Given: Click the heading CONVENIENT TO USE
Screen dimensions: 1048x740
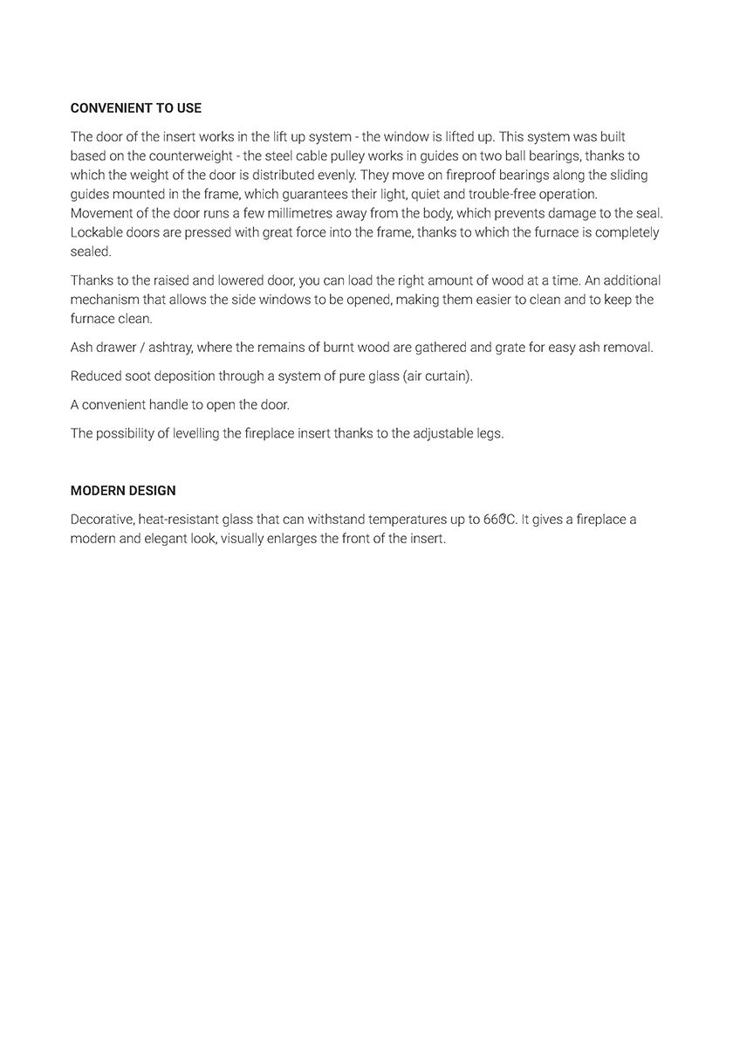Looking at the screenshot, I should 135,108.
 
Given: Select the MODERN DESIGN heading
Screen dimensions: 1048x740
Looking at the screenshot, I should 123,491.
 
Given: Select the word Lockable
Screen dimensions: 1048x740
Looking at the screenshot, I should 97,232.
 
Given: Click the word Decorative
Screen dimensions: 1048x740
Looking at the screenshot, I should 101,520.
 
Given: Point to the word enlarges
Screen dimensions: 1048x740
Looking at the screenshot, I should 291,539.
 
